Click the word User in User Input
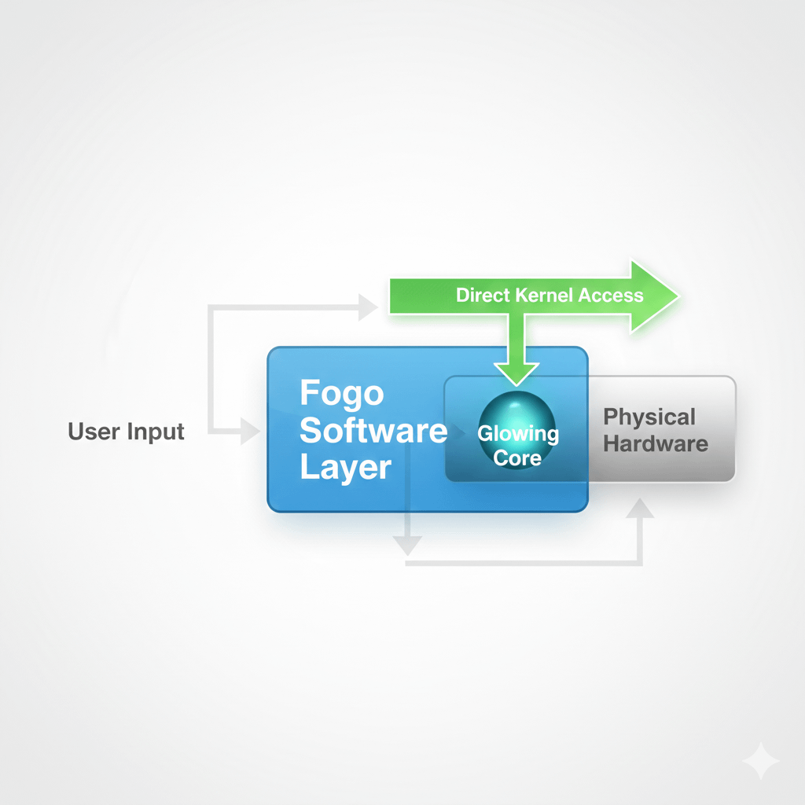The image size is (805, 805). (94, 432)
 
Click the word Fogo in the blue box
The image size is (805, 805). (341, 392)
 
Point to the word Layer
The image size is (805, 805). (345, 468)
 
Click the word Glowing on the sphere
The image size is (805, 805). (517, 433)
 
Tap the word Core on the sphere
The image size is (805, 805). (517, 457)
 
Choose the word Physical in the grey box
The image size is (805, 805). (649, 417)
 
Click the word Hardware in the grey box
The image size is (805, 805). (656, 443)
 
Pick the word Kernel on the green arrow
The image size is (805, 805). (543, 296)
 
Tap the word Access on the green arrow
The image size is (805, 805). (611, 296)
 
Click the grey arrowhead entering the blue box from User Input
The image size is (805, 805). (251, 431)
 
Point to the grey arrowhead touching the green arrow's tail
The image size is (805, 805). (368, 307)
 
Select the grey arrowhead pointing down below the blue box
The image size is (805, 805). (408, 545)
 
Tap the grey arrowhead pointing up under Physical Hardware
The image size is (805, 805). (641, 509)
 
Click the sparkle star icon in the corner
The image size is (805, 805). (761, 762)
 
